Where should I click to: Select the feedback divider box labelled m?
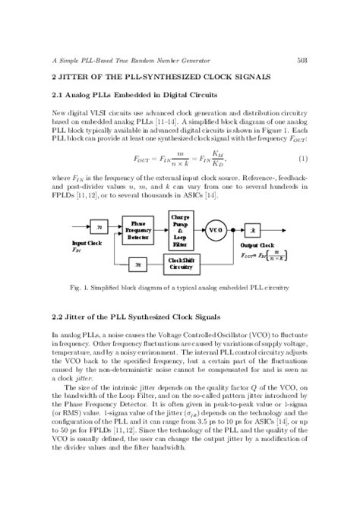pos(137,263)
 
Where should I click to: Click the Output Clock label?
pos(257,245)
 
